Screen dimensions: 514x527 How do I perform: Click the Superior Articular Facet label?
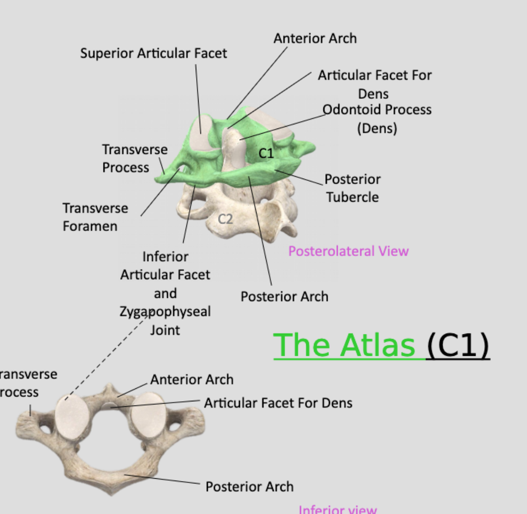(x=154, y=53)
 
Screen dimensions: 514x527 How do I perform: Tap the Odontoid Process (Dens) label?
(x=377, y=118)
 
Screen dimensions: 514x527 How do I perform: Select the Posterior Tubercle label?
(x=352, y=188)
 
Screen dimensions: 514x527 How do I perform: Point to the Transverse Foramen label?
(x=95, y=217)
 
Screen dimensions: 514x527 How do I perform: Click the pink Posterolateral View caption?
(x=348, y=251)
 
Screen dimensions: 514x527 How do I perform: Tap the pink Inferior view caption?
(x=338, y=509)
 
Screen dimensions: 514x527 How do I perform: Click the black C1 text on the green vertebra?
(x=266, y=153)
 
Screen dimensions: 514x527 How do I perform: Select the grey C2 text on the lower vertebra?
(x=225, y=218)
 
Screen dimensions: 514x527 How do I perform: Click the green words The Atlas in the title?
(x=344, y=345)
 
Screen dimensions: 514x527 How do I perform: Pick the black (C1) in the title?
(x=457, y=345)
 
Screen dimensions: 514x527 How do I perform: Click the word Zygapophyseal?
(x=165, y=311)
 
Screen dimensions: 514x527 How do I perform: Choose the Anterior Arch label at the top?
(x=315, y=39)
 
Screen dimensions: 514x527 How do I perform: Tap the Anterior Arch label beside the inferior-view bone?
(x=192, y=379)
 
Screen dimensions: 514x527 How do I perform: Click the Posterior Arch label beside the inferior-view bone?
(x=250, y=487)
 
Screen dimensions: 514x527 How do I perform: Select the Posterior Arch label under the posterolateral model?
(x=284, y=296)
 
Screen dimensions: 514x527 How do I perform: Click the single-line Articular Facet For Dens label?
(x=278, y=403)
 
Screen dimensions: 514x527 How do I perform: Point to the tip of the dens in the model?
(x=232, y=135)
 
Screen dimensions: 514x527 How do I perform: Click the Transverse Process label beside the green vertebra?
(x=135, y=158)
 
